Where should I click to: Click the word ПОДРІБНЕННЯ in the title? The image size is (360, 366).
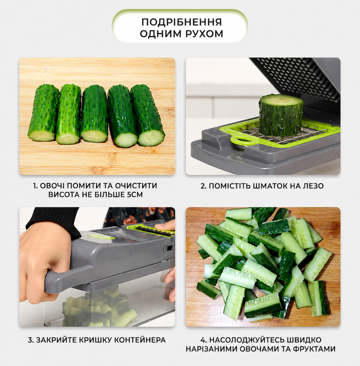[182, 22]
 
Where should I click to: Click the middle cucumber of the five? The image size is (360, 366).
[94, 114]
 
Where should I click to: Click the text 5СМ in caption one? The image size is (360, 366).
[135, 195]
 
